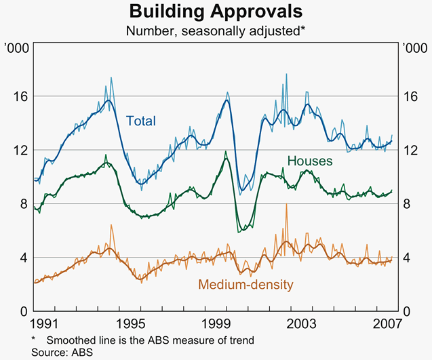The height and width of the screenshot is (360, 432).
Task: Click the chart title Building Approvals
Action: [x=216, y=12]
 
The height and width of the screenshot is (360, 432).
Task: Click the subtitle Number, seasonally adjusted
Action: [x=216, y=31]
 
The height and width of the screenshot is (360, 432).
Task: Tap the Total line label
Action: [x=141, y=121]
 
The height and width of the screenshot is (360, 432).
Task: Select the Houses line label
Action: [x=310, y=161]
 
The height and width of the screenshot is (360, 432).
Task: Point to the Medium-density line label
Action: [x=246, y=285]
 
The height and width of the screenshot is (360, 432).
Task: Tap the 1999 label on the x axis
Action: [x=216, y=323]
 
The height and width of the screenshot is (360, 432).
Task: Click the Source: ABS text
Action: [x=61, y=352]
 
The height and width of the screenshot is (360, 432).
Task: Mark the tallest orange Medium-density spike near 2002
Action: [x=286, y=204]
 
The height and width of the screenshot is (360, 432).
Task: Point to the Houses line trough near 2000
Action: [x=239, y=231]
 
